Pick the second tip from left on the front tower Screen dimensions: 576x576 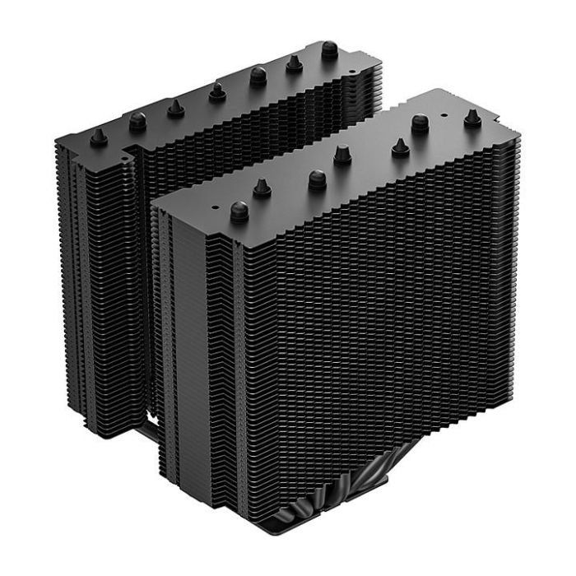263,188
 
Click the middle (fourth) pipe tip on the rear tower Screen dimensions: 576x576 217,90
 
